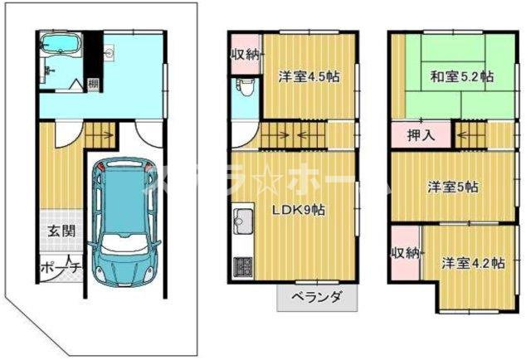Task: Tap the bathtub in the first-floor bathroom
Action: pos(57,43)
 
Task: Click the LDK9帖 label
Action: pos(300,210)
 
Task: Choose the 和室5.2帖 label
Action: pos(460,76)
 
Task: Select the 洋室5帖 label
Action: pos(452,187)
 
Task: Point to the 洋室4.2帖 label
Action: pos(471,263)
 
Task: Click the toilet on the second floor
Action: pos(243,89)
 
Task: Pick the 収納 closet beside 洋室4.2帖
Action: pos(406,252)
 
